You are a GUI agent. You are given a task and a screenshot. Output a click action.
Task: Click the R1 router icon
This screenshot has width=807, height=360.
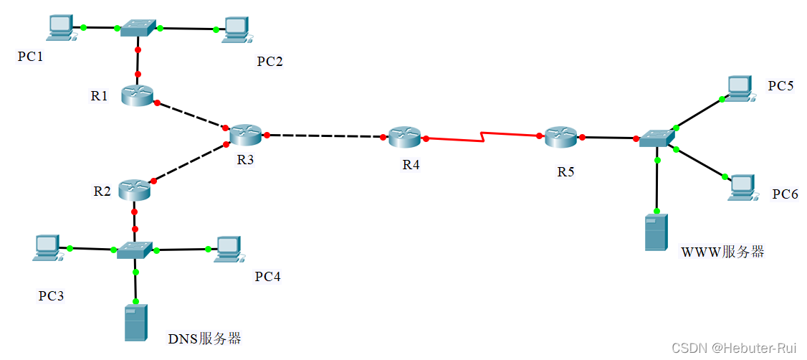pos(137,95)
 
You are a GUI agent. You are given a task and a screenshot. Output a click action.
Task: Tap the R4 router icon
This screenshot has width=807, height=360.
pos(406,137)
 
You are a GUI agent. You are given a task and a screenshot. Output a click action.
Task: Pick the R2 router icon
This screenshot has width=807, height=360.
pos(134,189)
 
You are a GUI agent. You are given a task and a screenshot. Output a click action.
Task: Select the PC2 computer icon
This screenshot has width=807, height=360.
pos(236,29)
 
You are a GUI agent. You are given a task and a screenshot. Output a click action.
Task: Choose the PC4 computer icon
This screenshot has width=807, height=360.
pos(227,248)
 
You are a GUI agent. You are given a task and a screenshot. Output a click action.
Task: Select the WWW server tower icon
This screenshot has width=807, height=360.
pos(656,232)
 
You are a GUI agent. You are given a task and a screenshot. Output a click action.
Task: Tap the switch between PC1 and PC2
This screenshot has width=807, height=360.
pos(138,28)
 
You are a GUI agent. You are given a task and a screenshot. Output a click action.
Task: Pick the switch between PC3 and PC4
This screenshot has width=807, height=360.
pos(135,250)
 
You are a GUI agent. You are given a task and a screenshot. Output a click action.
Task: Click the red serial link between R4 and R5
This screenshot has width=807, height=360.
pos(484,137)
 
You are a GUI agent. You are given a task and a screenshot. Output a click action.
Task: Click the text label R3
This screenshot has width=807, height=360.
pos(245,159)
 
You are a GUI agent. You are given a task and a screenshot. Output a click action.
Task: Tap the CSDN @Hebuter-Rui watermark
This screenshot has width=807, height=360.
pos(734,347)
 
